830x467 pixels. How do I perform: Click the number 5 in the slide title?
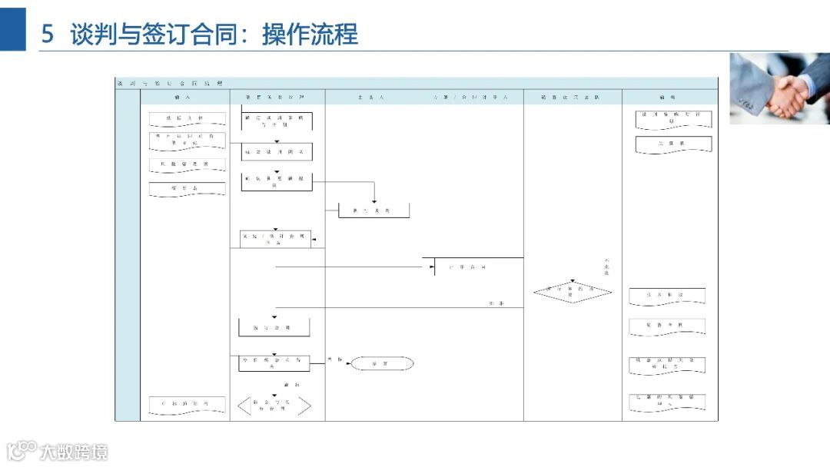(47, 35)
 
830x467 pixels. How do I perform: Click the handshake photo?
(779, 88)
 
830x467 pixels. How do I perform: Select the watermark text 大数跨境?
(74, 452)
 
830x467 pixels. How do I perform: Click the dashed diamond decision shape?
(573, 292)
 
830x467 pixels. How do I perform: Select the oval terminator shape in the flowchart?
(382, 363)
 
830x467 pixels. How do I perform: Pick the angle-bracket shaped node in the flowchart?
(274, 406)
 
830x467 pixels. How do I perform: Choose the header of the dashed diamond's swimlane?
(573, 98)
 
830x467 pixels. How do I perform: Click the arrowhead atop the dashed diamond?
(573, 281)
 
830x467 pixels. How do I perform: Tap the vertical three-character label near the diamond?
(606, 267)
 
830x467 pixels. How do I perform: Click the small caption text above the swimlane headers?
(169, 82)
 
